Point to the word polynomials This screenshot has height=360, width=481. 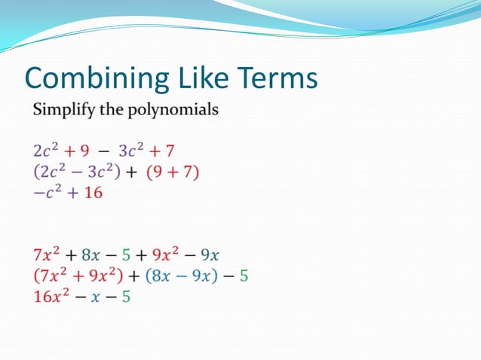click(176, 110)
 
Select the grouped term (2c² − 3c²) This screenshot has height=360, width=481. click(78, 172)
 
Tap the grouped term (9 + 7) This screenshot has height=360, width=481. click(173, 172)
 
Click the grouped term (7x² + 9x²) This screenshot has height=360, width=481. click(83, 276)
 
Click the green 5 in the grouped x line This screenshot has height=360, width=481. click(244, 276)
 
